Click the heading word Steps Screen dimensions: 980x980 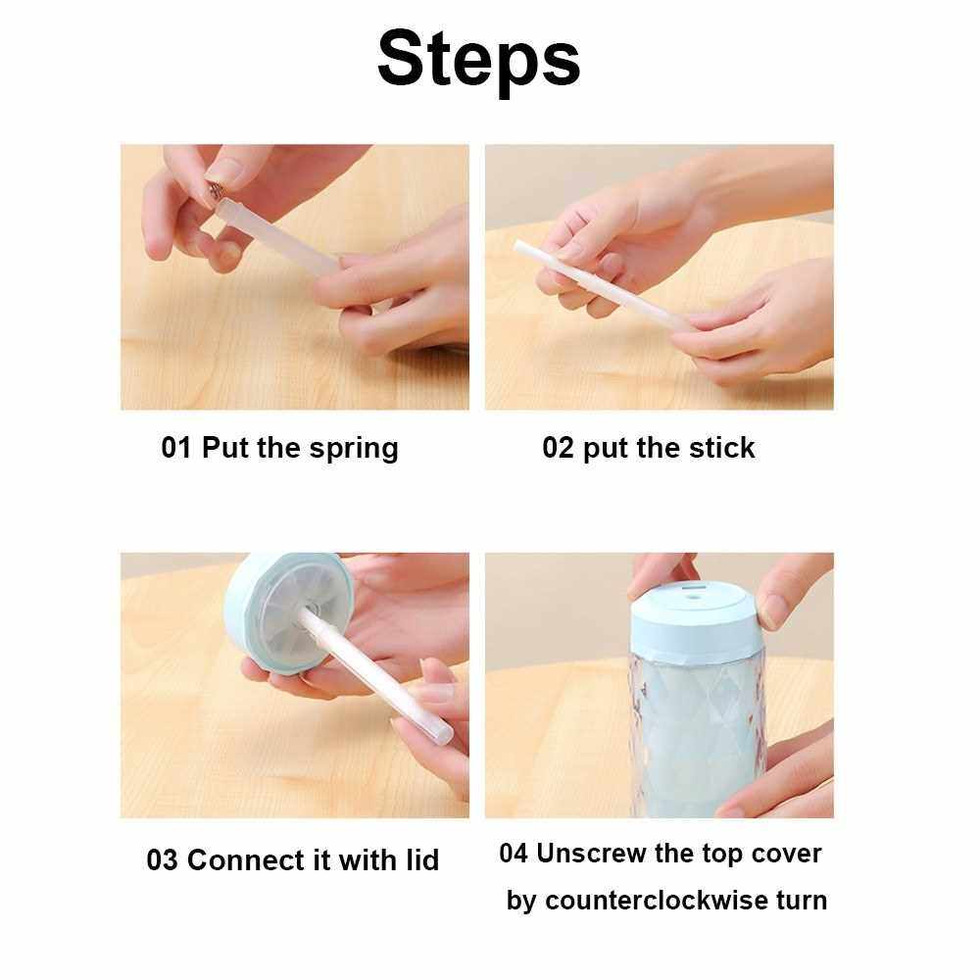[x=479, y=60]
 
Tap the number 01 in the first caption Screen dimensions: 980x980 [x=175, y=448]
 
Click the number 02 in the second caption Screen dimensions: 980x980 [x=558, y=448]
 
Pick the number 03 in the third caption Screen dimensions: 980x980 [x=162, y=860]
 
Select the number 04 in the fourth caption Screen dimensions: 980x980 [x=514, y=854]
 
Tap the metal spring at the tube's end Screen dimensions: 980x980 [x=215, y=189]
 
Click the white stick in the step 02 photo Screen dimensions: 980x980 [x=599, y=284]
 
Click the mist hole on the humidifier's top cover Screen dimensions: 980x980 [x=690, y=597]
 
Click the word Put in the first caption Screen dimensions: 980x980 [x=225, y=448]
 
